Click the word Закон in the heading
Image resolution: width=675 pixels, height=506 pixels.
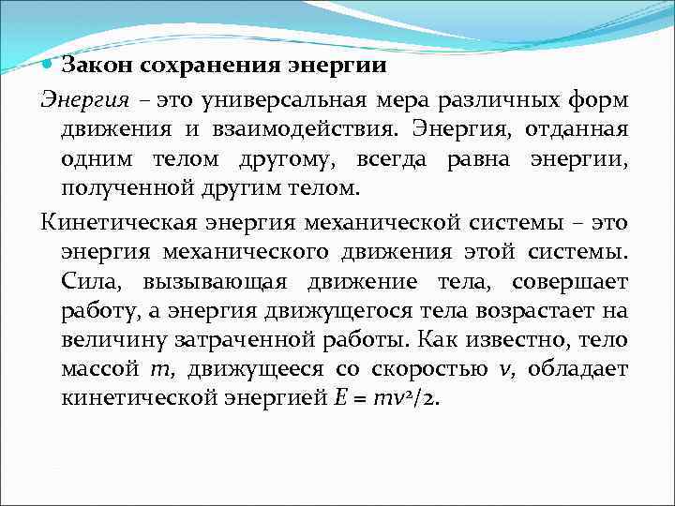point(92,67)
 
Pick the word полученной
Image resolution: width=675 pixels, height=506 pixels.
point(118,188)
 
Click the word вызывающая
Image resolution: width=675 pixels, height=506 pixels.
point(203,283)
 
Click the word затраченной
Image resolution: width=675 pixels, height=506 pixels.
point(327,340)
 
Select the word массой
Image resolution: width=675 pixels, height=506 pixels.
point(100,368)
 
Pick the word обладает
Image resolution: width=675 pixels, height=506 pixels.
point(578,368)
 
